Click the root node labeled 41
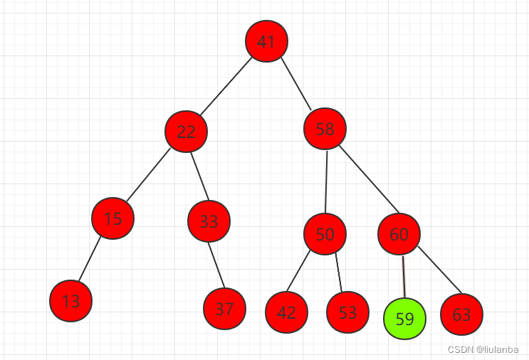[266, 41]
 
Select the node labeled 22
[186, 131]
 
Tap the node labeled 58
[325, 129]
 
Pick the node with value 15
[112, 218]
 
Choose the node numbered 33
[209, 221]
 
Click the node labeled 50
[325, 234]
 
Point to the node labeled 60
[399, 234]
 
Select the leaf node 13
[71, 301]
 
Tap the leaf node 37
[224, 309]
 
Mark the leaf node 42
[286, 312]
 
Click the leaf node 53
[347, 312]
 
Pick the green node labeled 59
[404, 319]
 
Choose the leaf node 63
[461, 314]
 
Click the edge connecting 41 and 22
[226, 86]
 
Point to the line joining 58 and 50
[325, 181]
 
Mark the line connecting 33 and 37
[216, 265]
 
